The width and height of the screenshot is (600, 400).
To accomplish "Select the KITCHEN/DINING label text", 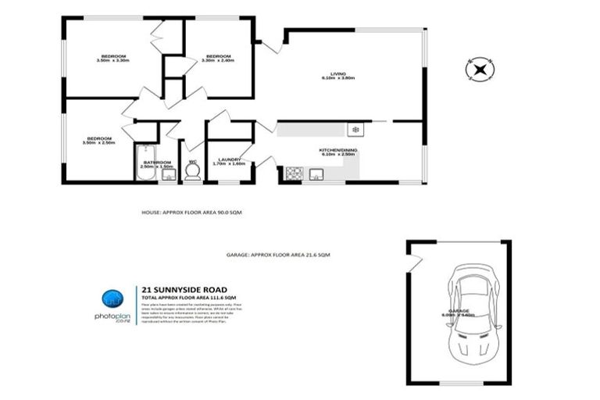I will tap(338, 152).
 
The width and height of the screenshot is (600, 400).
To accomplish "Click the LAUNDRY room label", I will tap(229, 161).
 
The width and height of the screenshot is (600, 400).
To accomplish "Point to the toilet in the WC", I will tap(191, 173).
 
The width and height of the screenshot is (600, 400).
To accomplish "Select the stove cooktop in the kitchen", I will tap(295, 173).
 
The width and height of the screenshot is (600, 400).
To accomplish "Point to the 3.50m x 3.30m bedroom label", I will tap(112, 58).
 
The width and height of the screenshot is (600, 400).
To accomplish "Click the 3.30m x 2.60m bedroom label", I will tap(218, 58).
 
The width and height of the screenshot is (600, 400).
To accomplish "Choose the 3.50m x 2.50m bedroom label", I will tap(99, 141).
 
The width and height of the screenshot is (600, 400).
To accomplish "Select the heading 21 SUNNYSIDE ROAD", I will tap(178, 287).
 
